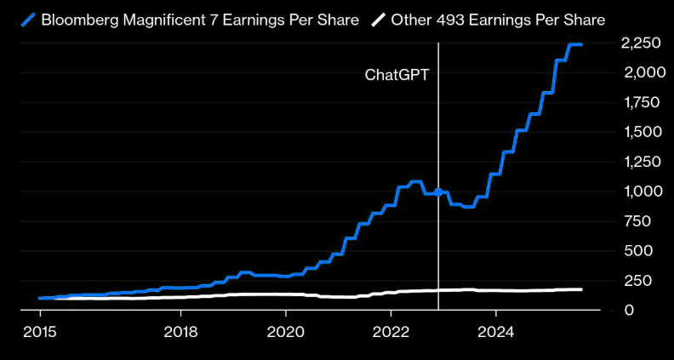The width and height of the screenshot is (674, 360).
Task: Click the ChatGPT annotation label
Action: [x=397, y=74]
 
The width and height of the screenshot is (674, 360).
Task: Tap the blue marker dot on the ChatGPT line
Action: [x=438, y=191]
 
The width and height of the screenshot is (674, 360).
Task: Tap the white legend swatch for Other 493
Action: [x=378, y=19]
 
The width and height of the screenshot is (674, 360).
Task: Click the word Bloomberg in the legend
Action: [x=79, y=19]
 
